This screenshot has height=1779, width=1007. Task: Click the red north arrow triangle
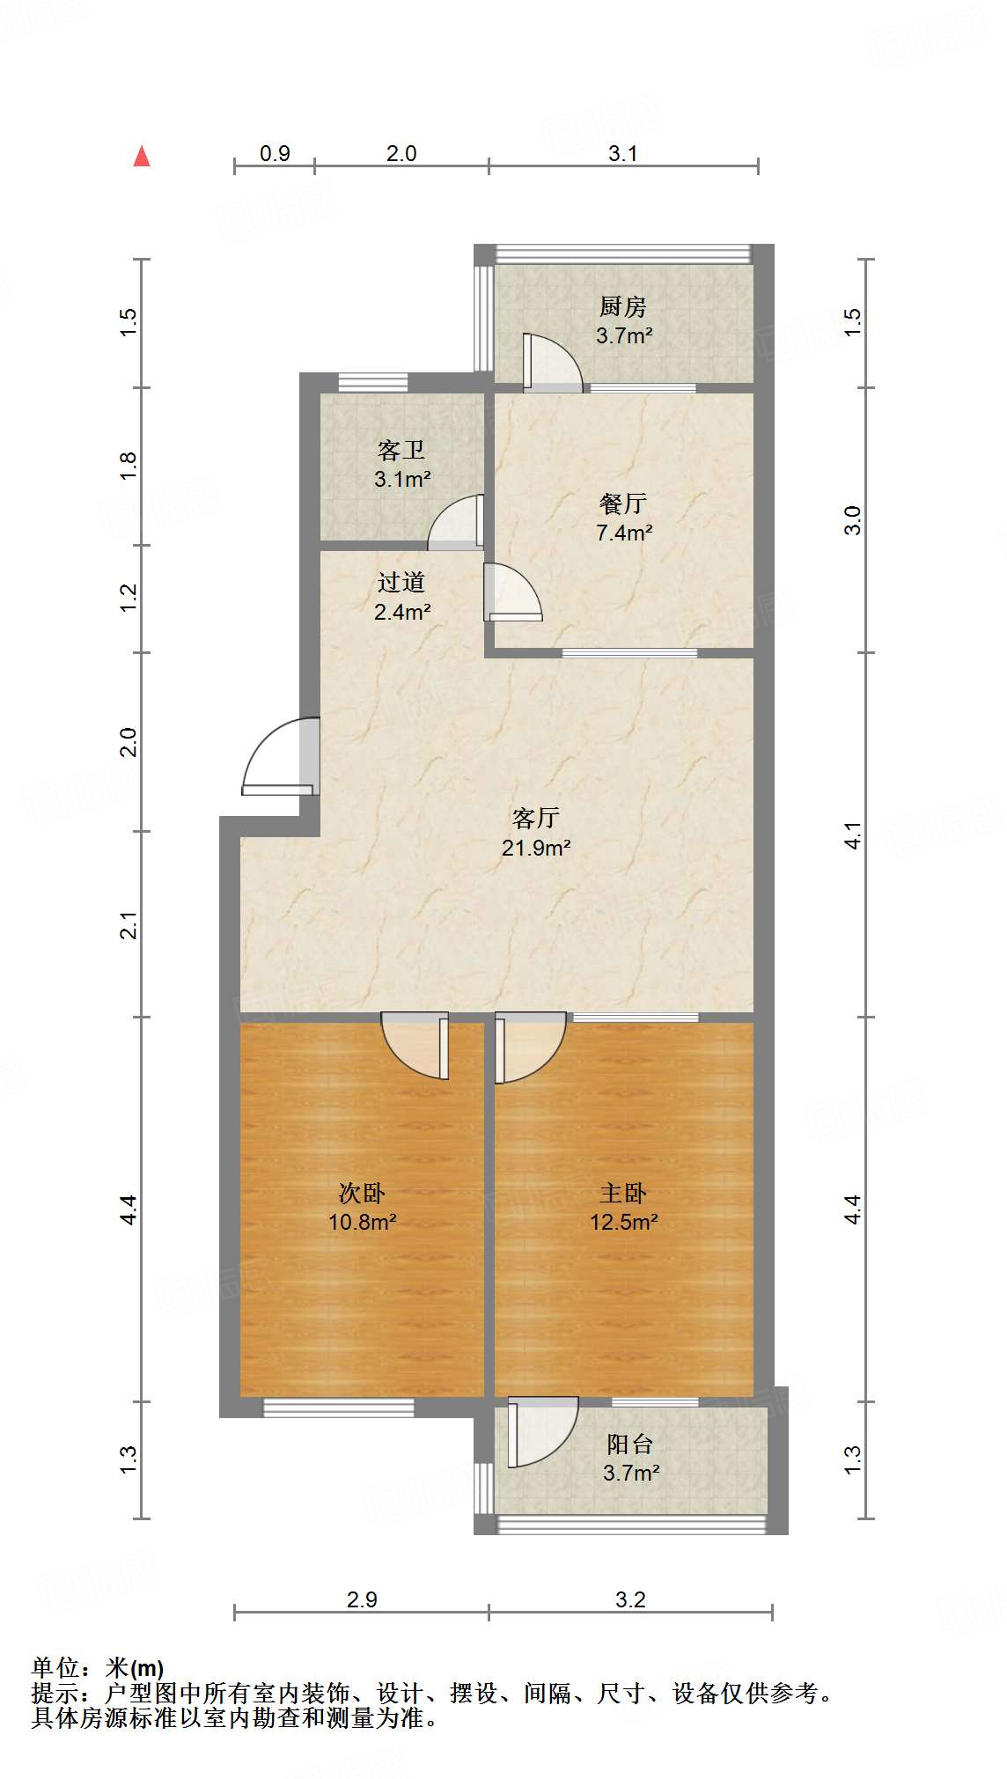coord(141,156)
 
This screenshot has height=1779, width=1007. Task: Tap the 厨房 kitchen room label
coord(623,306)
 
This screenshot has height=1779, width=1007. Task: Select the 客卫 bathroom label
coord(401,451)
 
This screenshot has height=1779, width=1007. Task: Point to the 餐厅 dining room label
coord(623,504)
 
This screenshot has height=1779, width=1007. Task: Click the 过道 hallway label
coord(401,582)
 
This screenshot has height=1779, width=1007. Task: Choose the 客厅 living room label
coord(535,818)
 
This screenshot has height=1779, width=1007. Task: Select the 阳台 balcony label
coord(630,1444)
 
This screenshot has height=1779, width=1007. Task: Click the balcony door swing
coord(539,1432)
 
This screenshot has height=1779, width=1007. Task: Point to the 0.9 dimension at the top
coord(275,154)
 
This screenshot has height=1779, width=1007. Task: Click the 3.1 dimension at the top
coord(623,154)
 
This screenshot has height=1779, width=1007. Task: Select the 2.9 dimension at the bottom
coord(362,1599)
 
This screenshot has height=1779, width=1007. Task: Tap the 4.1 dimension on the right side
coord(852,835)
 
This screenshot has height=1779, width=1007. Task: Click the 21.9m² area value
coord(536,848)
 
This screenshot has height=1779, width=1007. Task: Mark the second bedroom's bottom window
coord(339,1408)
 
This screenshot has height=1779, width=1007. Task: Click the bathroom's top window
coord(373,382)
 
